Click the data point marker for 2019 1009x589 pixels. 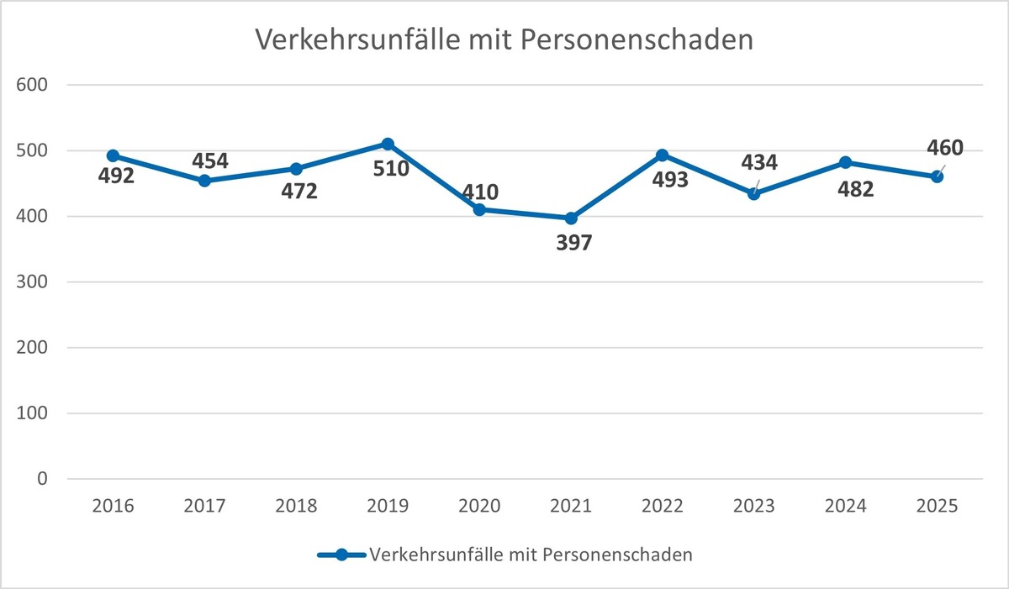coord(388,145)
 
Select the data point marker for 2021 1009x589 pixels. coord(571,218)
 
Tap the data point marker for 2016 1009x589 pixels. coord(113,156)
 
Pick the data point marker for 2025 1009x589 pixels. coord(938,176)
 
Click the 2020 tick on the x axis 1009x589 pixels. coord(479,507)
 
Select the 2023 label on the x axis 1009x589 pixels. coord(754,507)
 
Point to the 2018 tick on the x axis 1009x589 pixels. coord(296,507)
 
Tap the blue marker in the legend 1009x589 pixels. coord(341,555)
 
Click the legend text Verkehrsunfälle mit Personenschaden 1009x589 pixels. coord(531,555)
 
